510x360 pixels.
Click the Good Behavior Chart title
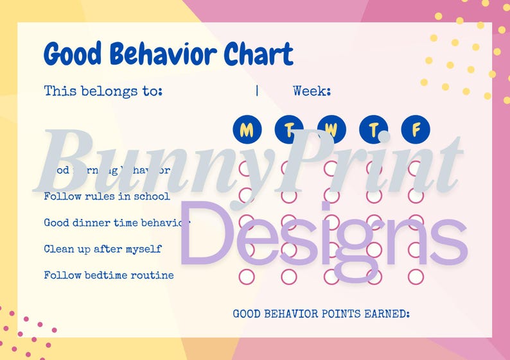tap(168, 54)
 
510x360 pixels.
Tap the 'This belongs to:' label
tap(103, 91)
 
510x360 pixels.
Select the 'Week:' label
tap(312, 91)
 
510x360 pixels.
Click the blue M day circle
tap(247, 130)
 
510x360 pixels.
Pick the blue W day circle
tap(331, 130)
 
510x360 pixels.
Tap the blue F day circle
tap(416, 130)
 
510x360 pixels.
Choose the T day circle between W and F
tap(373, 130)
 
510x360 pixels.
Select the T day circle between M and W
tap(289, 130)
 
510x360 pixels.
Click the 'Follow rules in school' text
tap(107, 196)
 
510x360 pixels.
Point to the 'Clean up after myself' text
tap(103, 249)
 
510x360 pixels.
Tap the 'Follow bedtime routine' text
tap(109, 275)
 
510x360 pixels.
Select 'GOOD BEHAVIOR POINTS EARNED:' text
tap(321, 314)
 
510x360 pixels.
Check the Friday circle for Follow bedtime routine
tap(416, 277)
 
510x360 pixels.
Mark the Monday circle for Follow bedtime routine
tap(247, 277)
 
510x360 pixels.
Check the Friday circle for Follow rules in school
tap(416, 196)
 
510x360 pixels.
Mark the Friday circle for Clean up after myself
tap(416, 249)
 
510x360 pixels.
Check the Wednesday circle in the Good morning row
tap(331, 169)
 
